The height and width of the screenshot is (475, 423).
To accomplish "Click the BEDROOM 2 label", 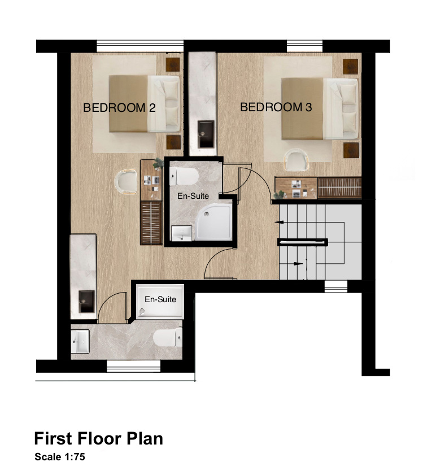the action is (x=119, y=108).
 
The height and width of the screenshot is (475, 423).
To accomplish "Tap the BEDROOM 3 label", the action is (x=276, y=107).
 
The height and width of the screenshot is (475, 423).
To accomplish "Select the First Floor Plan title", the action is (x=98, y=438).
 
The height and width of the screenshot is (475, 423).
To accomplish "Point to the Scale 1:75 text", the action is (x=60, y=457).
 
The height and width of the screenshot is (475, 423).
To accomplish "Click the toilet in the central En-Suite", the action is (x=184, y=176).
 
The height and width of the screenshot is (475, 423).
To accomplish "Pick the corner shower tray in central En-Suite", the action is (x=213, y=222).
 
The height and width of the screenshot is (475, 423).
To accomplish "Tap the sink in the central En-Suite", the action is (x=181, y=233).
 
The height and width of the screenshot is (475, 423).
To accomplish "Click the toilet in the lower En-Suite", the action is (x=168, y=337).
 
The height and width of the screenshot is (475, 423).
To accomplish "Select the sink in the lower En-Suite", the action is (x=80, y=341).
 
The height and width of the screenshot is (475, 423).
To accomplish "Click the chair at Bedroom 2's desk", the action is (x=126, y=181).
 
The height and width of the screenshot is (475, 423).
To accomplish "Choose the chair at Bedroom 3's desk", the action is (x=296, y=159).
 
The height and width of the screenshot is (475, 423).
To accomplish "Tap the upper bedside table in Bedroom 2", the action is (x=173, y=64).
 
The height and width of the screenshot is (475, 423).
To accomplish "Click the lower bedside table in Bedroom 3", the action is (x=351, y=150).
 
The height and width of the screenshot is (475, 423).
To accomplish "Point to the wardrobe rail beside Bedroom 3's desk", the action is (x=339, y=188).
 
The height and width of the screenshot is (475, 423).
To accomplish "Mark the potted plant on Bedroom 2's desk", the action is (x=158, y=164).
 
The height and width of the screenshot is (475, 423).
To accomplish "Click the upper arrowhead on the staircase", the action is (x=279, y=222).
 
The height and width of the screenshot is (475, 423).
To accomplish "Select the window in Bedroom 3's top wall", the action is (x=304, y=46).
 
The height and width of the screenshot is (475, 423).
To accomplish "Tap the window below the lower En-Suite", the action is (x=134, y=366).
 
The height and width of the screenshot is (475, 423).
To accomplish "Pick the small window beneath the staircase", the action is (x=336, y=286).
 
